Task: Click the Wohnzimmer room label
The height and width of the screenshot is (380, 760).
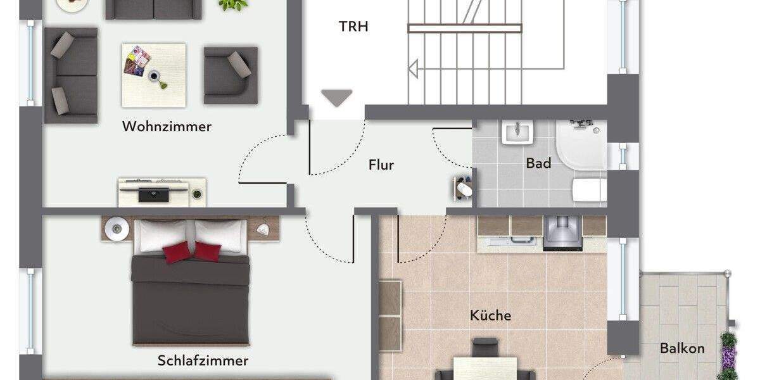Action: pyautogui.click(x=167, y=127)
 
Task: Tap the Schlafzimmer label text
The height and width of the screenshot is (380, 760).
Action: pyautogui.click(x=203, y=361)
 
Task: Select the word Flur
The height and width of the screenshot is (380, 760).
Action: pyautogui.click(x=381, y=165)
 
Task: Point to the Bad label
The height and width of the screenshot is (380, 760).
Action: pyautogui.click(x=538, y=163)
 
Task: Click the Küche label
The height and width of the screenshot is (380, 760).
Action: pyautogui.click(x=490, y=315)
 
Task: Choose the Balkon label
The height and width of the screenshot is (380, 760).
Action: pyautogui.click(x=682, y=348)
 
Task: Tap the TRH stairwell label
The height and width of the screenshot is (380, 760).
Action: pyautogui.click(x=353, y=27)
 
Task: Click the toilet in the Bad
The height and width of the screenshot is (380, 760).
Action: pyautogui.click(x=589, y=189)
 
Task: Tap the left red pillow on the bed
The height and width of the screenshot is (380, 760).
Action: pyautogui.click(x=177, y=252)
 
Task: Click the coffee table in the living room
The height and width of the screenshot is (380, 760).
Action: pyautogui.click(x=154, y=75)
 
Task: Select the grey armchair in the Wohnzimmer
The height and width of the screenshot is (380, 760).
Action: pyautogui.click(x=231, y=75)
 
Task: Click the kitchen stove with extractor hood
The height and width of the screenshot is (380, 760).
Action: pyautogui.click(x=562, y=232)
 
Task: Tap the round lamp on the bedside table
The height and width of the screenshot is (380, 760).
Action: pyautogui.click(x=117, y=228)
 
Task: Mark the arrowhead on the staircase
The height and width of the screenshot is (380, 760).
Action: pyautogui.click(x=413, y=68)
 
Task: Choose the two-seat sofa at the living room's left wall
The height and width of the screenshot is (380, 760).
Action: pyautogui.click(x=70, y=75)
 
